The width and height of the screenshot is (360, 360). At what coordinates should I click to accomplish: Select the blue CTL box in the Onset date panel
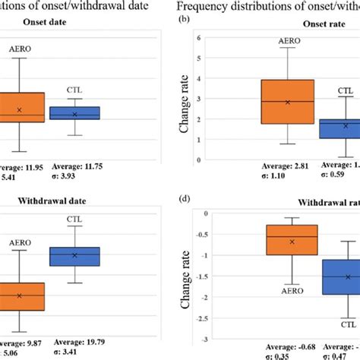74,113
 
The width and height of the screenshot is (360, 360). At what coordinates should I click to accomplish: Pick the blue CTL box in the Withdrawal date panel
74,256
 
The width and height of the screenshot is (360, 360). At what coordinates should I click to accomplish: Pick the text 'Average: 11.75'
76,164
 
